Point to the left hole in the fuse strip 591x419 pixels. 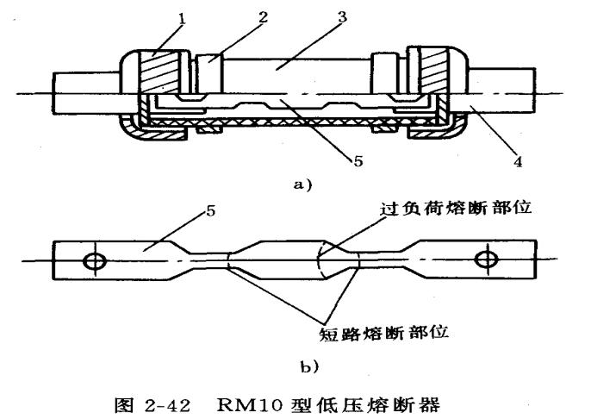click(x=91, y=259)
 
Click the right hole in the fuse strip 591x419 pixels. click(x=487, y=259)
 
